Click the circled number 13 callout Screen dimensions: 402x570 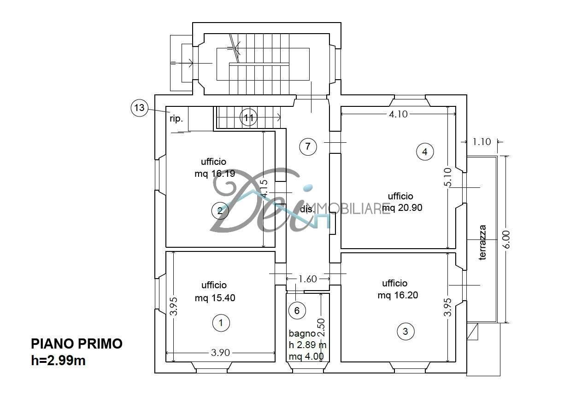tap(139, 109)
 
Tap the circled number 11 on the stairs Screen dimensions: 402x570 tap(249, 118)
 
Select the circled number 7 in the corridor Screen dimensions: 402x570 tap(308, 147)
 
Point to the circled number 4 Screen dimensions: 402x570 tap(424, 151)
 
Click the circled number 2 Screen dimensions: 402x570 tap(220, 211)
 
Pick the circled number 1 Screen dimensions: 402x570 tap(221, 323)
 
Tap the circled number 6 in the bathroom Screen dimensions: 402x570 tap(297, 311)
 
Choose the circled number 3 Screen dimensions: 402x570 tap(405, 331)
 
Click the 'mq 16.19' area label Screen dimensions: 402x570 tap(214, 174)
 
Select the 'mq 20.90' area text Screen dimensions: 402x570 tap(402, 208)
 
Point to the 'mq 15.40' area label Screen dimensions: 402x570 tap(215, 298)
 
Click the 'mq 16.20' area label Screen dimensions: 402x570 tap(398, 295)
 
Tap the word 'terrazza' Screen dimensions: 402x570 tap(482, 243)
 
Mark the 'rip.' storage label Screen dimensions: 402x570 tap(176, 118)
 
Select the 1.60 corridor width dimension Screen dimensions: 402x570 tap(308, 279)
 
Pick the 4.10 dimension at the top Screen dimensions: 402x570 tap(398, 114)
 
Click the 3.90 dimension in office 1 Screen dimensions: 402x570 tap(220, 353)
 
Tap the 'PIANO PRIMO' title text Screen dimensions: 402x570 tap(76, 344)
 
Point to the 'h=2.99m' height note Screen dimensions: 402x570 tap(58, 361)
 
